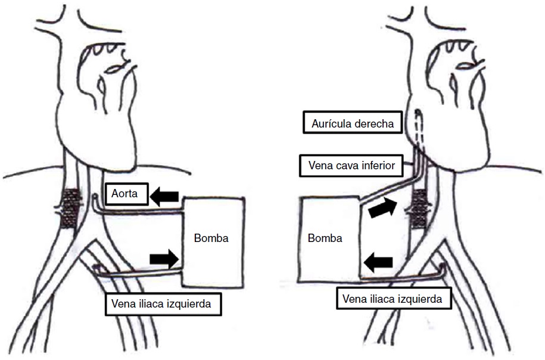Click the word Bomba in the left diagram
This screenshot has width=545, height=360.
211,238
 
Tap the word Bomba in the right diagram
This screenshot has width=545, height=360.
325,238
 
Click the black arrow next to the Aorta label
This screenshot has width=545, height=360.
166,196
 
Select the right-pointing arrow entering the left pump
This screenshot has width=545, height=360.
164,258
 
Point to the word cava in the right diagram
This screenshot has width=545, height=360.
344,165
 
